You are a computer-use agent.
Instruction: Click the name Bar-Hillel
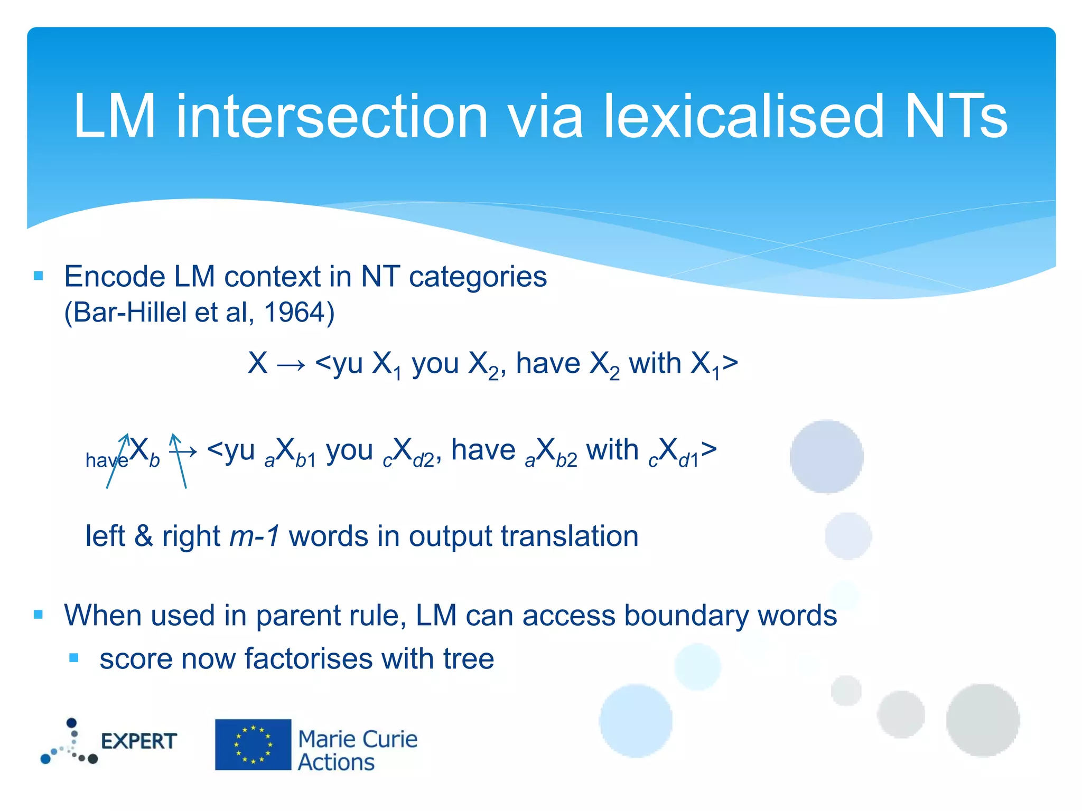[x=130, y=313]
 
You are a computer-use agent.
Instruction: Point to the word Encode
[x=114, y=277]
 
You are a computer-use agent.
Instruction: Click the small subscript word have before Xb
[x=106, y=460]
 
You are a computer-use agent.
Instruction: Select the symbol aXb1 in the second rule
[x=290, y=453]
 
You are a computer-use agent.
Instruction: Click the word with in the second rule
[x=612, y=450]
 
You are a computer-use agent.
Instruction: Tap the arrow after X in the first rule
[x=291, y=365]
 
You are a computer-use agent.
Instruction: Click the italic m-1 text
[x=255, y=536]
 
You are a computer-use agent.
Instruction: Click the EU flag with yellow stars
[x=253, y=744]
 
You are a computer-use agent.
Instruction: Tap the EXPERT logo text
[x=138, y=741]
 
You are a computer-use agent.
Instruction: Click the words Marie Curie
[x=358, y=739]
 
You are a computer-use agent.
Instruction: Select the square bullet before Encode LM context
[x=38, y=276]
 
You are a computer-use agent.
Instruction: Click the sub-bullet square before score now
[x=74, y=658]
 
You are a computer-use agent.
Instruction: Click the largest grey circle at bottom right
[x=983, y=720]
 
